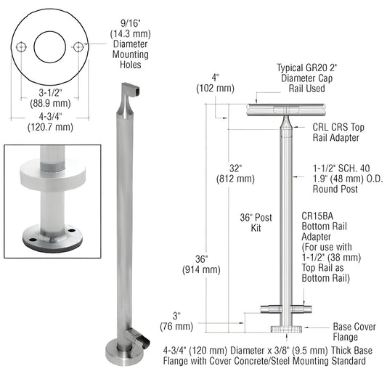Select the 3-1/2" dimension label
(x=51, y=94)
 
